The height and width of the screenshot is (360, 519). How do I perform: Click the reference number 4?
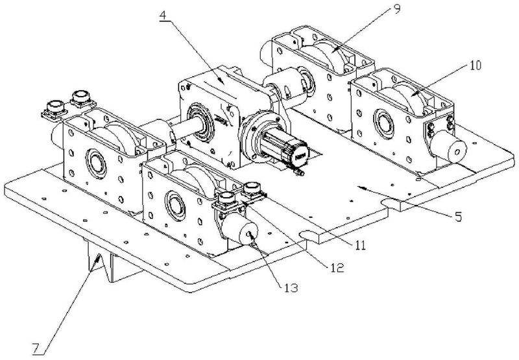coord(163,15)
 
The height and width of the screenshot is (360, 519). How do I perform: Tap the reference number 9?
coord(397,8)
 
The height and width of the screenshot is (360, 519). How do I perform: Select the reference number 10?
coord(475,66)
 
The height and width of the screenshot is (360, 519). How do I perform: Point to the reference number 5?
coord(458,217)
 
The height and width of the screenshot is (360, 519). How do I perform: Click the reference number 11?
coord(360,245)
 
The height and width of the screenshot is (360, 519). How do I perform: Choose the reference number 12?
coord(336,267)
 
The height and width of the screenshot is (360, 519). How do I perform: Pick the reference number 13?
coord(291,287)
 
